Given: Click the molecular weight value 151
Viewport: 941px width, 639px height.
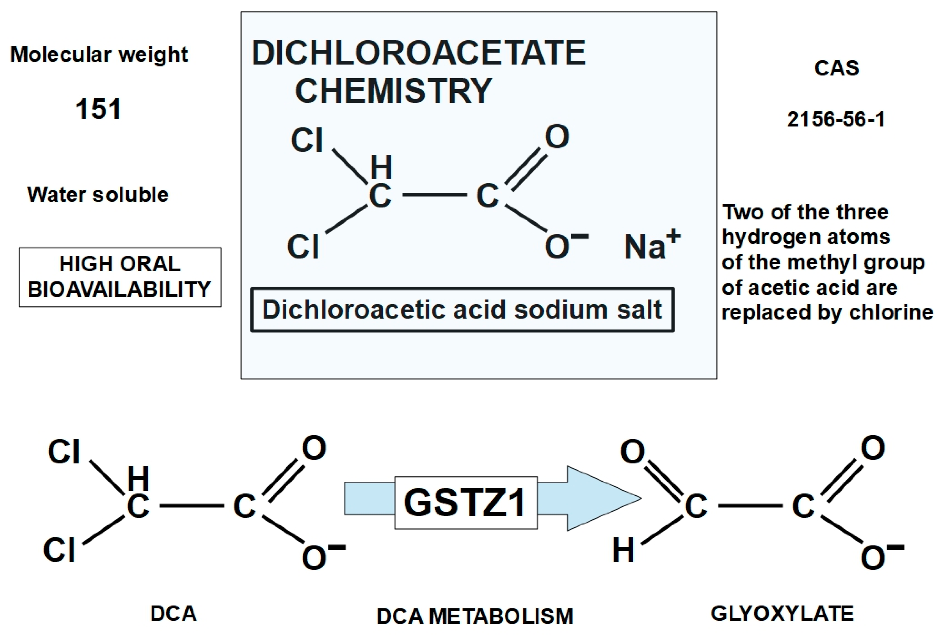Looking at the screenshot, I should click(98, 109).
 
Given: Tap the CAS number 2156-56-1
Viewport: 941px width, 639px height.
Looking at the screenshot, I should click(836, 119).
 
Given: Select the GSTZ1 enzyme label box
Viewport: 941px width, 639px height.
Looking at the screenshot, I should click(466, 503).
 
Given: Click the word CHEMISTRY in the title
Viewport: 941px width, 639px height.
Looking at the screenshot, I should click(393, 91).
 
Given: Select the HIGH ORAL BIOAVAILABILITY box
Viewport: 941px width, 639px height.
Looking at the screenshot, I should click(120, 277).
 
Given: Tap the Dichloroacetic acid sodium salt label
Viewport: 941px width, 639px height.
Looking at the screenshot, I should click(462, 310).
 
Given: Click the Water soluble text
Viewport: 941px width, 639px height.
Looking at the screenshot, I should click(98, 195).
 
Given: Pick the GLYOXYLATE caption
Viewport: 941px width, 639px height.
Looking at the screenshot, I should click(782, 614).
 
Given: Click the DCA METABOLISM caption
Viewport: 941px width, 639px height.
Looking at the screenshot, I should click(475, 616).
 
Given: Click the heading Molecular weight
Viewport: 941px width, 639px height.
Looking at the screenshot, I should click(99, 54).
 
